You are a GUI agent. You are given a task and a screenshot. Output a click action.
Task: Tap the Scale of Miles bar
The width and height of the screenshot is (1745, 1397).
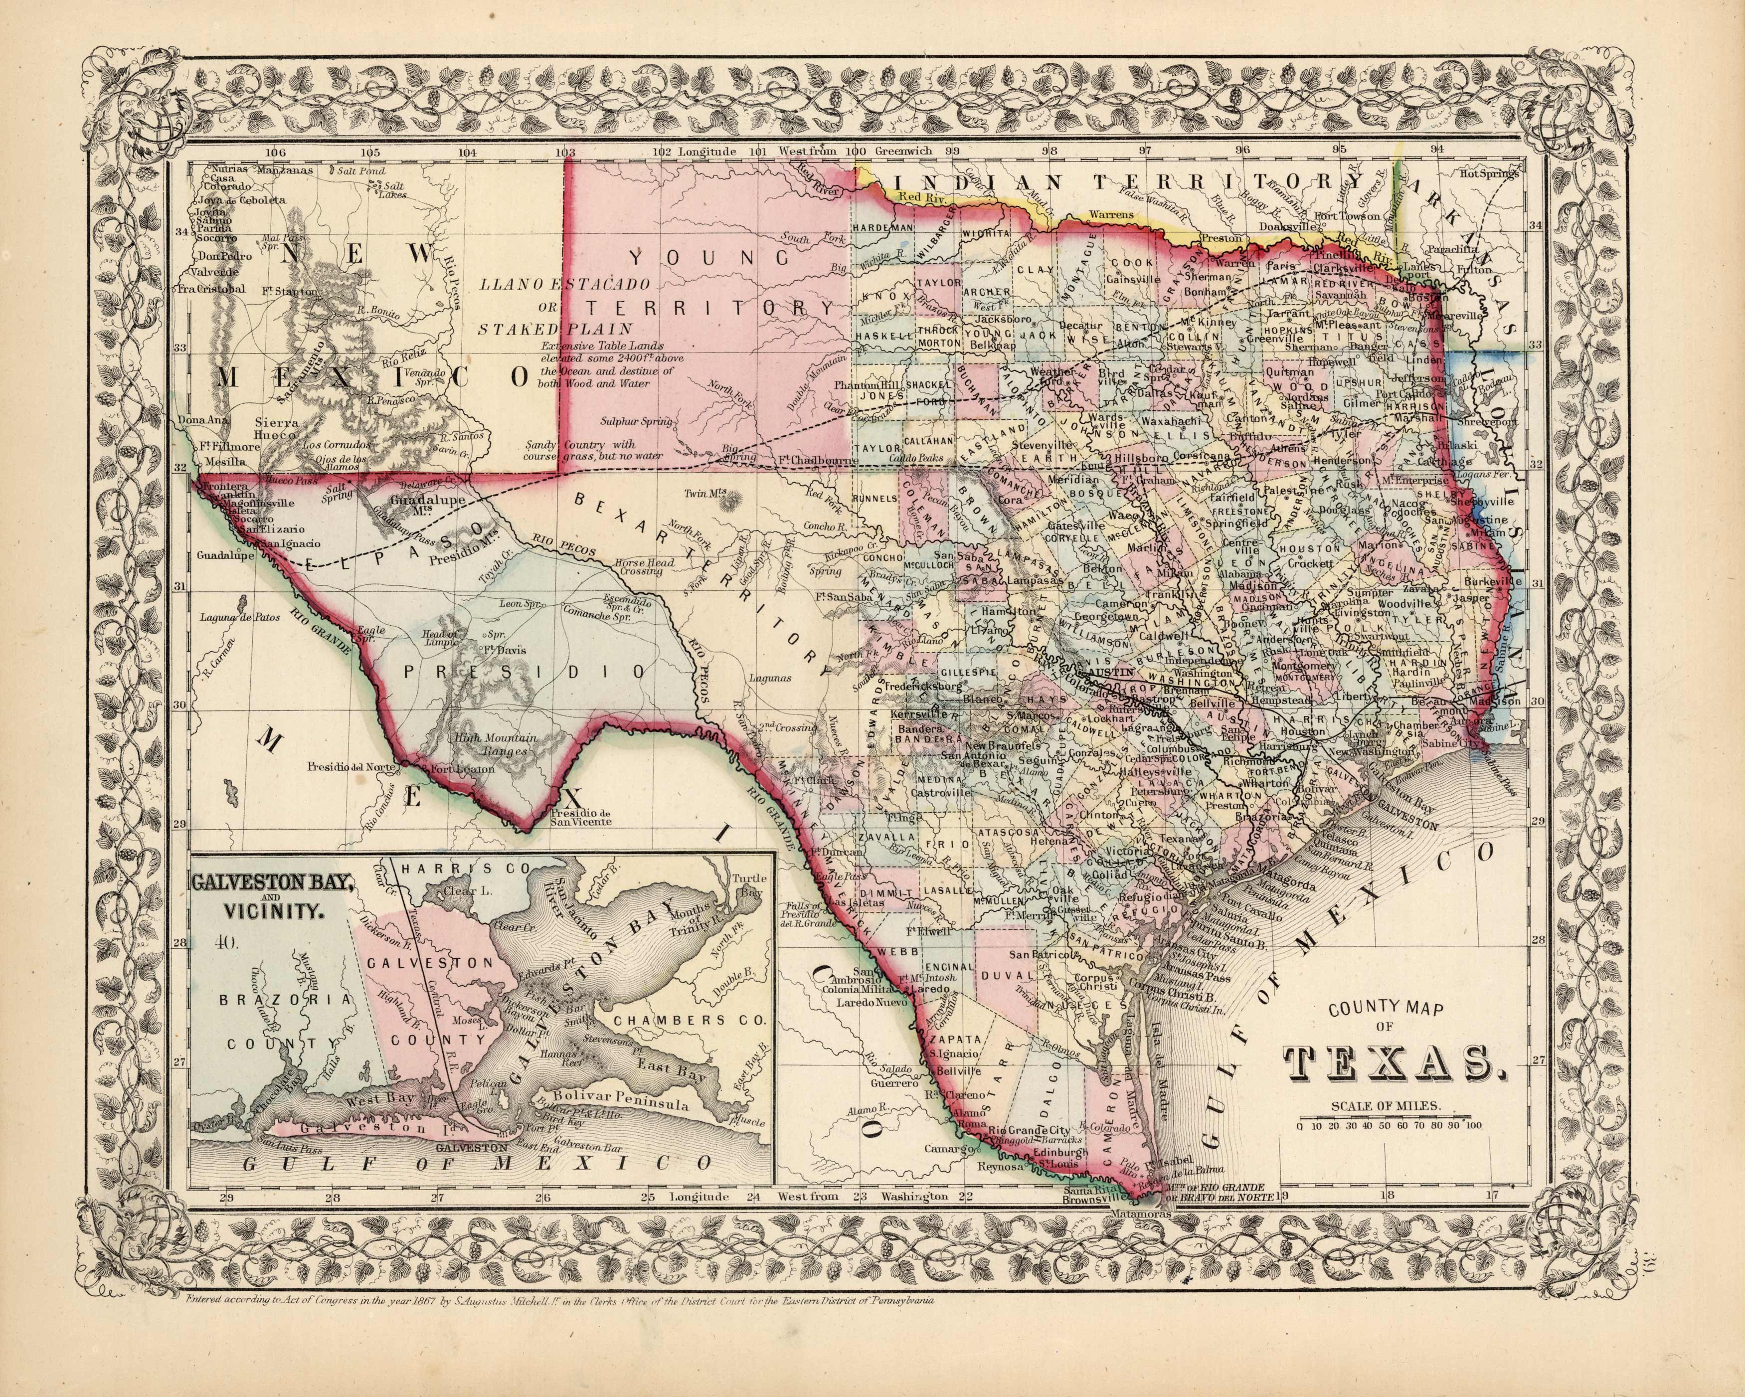coord(1389,1118)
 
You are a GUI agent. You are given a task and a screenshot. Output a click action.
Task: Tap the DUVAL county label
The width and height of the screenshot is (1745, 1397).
coord(1002,976)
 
